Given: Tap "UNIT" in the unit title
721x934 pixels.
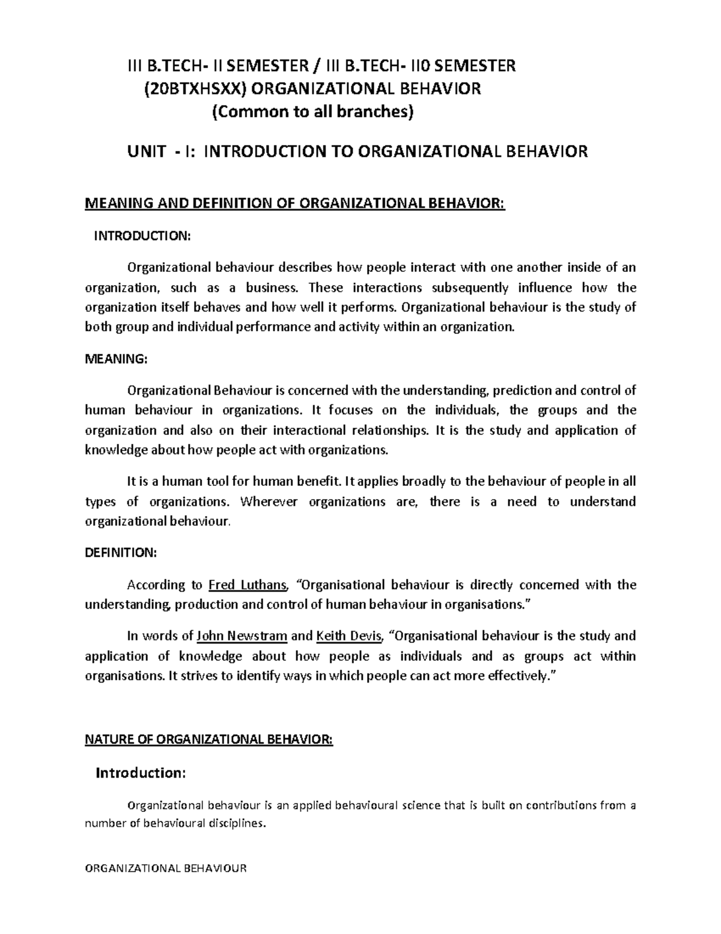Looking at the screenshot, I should tap(146, 152).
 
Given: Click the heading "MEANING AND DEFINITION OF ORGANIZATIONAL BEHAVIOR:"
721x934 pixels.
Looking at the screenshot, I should tap(296, 204).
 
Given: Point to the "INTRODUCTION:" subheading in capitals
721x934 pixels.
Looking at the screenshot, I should tap(142, 236).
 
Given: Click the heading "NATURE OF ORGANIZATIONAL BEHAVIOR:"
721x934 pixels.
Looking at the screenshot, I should tap(208, 739).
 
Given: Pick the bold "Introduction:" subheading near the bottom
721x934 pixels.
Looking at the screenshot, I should tap(141, 773).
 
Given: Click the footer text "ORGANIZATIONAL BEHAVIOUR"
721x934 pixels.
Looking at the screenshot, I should tap(166, 868).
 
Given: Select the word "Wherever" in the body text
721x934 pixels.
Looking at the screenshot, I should tap(269, 502).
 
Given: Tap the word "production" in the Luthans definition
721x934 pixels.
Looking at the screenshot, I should tap(207, 604).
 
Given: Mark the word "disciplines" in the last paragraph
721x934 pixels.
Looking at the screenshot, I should tap(233, 824).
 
